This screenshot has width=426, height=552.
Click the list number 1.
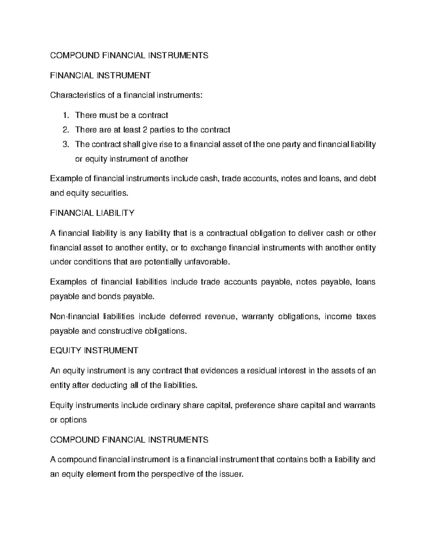pyautogui.click(x=65, y=115)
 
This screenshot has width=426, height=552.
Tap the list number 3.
pyautogui.click(x=65, y=144)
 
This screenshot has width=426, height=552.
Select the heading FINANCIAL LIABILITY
pyautogui.click(x=92, y=213)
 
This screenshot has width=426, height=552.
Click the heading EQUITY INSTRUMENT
pyautogui.click(x=94, y=350)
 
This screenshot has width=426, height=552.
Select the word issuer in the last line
pyautogui.click(x=232, y=474)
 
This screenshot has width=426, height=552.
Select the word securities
pyautogui.click(x=109, y=193)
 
